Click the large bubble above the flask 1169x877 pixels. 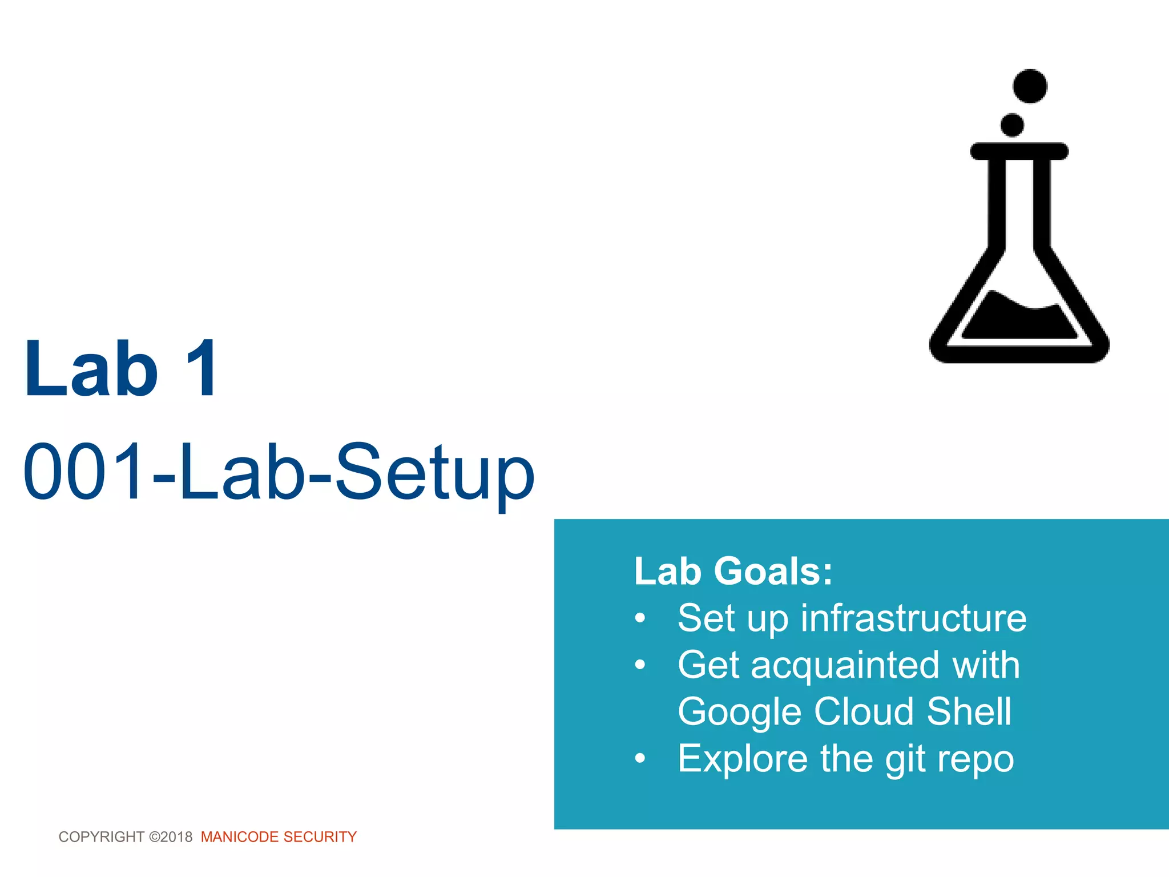tap(1030, 86)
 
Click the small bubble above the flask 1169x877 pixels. tap(1012, 125)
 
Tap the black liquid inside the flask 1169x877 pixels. tap(1018, 320)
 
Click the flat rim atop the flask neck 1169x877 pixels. tap(1019, 151)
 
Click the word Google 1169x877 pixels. tap(739, 713)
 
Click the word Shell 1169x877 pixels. tap(969, 711)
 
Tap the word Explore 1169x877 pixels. tap(743, 759)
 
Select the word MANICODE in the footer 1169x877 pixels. tap(240, 837)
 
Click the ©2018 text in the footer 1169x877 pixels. tap(171, 837)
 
